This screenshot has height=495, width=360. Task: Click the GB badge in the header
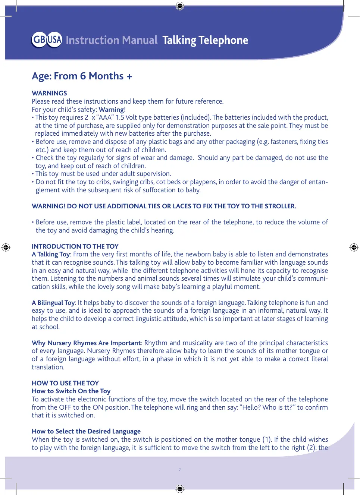39,40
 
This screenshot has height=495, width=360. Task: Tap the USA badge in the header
54,40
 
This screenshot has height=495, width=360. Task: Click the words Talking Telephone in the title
205,40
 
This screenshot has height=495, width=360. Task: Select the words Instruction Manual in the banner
112,40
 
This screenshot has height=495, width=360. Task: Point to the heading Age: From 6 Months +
82,76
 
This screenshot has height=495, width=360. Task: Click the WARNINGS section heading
49,93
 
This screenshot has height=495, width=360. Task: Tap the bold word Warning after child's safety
111,110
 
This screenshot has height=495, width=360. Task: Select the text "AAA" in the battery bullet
104,117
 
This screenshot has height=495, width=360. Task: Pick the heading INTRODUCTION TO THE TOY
75,246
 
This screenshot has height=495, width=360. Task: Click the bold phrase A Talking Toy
51,254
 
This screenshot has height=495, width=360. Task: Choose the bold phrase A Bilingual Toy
53,303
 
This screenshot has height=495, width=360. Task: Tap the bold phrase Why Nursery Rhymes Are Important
86,343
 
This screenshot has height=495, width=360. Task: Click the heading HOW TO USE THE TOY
65,383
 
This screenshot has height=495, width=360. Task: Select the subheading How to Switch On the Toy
71,391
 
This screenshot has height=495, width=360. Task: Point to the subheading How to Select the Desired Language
86,431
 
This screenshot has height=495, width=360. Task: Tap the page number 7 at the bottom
180,470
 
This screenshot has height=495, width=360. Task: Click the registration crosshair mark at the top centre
180,6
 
